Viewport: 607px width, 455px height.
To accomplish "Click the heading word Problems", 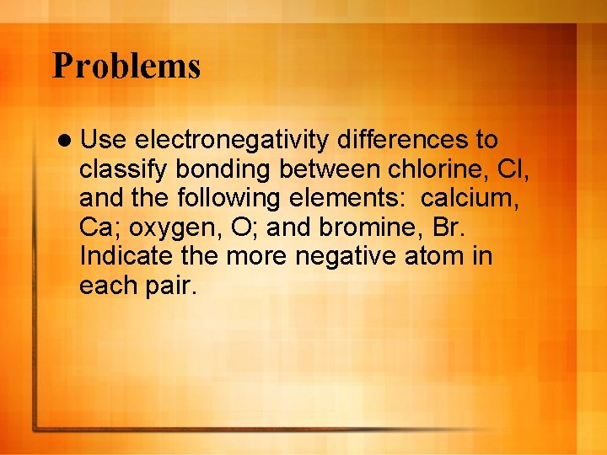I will point(126,66).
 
